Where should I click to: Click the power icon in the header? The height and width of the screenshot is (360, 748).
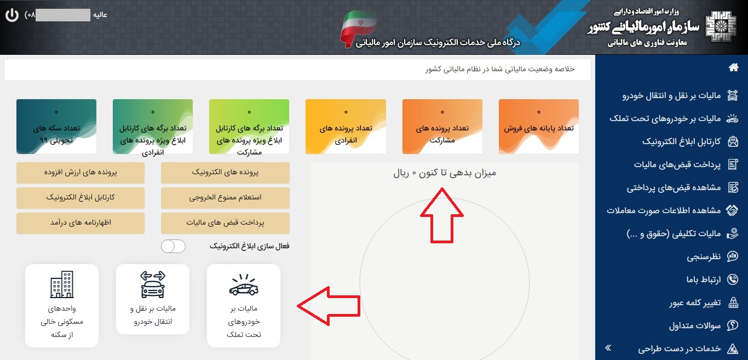(12, 15)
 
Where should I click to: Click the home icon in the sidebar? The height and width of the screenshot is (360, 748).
(733, 67)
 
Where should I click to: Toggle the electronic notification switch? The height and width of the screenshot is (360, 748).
(173, 247)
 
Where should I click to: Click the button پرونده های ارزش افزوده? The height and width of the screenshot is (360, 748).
(80, 173)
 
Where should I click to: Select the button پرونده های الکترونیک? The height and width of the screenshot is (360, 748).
(225, 173)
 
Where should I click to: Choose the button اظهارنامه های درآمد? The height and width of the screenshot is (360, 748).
(80, 222)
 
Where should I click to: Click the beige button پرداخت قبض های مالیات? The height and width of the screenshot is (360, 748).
(225, 222)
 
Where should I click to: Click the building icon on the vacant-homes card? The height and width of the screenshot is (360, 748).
(62, 284)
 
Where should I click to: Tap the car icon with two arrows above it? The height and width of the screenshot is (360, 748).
(153, 284)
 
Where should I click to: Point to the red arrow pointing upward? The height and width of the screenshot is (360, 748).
(442, 215)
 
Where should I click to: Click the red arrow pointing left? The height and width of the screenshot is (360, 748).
(329, 306)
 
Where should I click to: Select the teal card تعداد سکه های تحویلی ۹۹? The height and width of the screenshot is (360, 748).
(56, 127)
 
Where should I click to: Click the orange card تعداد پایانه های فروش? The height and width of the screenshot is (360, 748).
(539, 127)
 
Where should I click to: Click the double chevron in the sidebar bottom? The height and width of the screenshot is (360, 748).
(608, 348)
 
